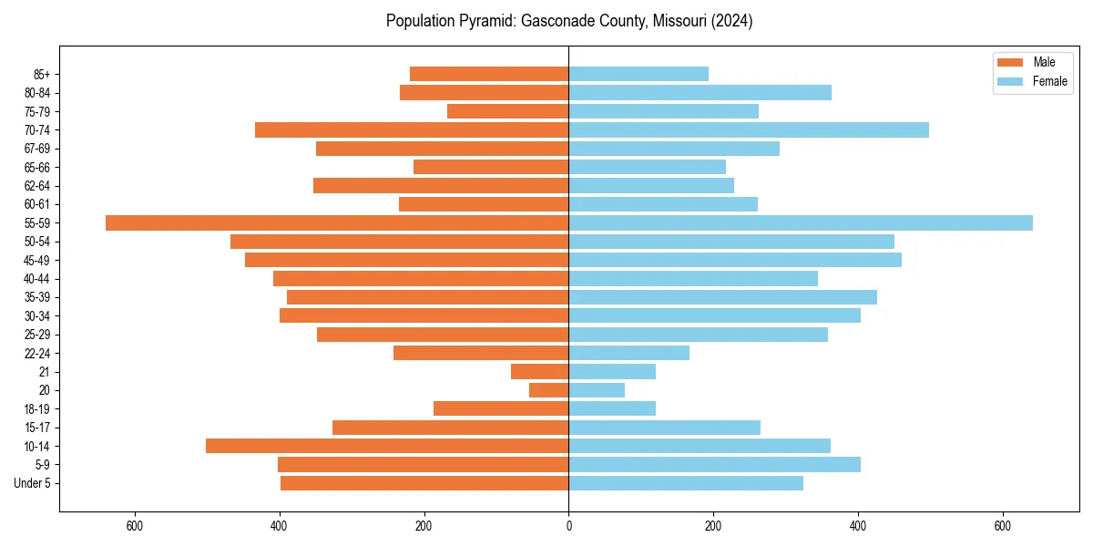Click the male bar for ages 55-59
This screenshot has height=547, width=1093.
click(337, 222)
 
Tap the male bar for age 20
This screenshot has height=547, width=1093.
click(549, 390)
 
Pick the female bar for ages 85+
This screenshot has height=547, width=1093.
click(638, 74)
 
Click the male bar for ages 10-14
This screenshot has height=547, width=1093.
click(387, 446)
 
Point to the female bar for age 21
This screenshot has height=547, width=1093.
click(612, 371)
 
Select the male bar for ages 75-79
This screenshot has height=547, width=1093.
click(508, 111)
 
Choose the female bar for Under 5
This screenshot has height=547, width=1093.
click(686, 483)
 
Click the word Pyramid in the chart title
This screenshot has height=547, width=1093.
click(487, 21)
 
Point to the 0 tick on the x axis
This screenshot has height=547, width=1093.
click(569, 526)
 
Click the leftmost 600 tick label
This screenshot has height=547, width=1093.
click(135, 526)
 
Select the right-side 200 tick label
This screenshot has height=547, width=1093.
click(713, 526)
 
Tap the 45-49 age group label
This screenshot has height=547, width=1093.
click(37, 260)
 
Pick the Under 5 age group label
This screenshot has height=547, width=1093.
click(33, 483)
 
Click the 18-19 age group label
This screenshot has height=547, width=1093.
click(37, 408)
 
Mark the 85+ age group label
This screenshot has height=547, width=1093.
click(42, 74)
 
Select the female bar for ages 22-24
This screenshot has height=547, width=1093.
click(629, 353)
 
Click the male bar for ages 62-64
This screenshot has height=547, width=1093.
click(441, 185)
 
